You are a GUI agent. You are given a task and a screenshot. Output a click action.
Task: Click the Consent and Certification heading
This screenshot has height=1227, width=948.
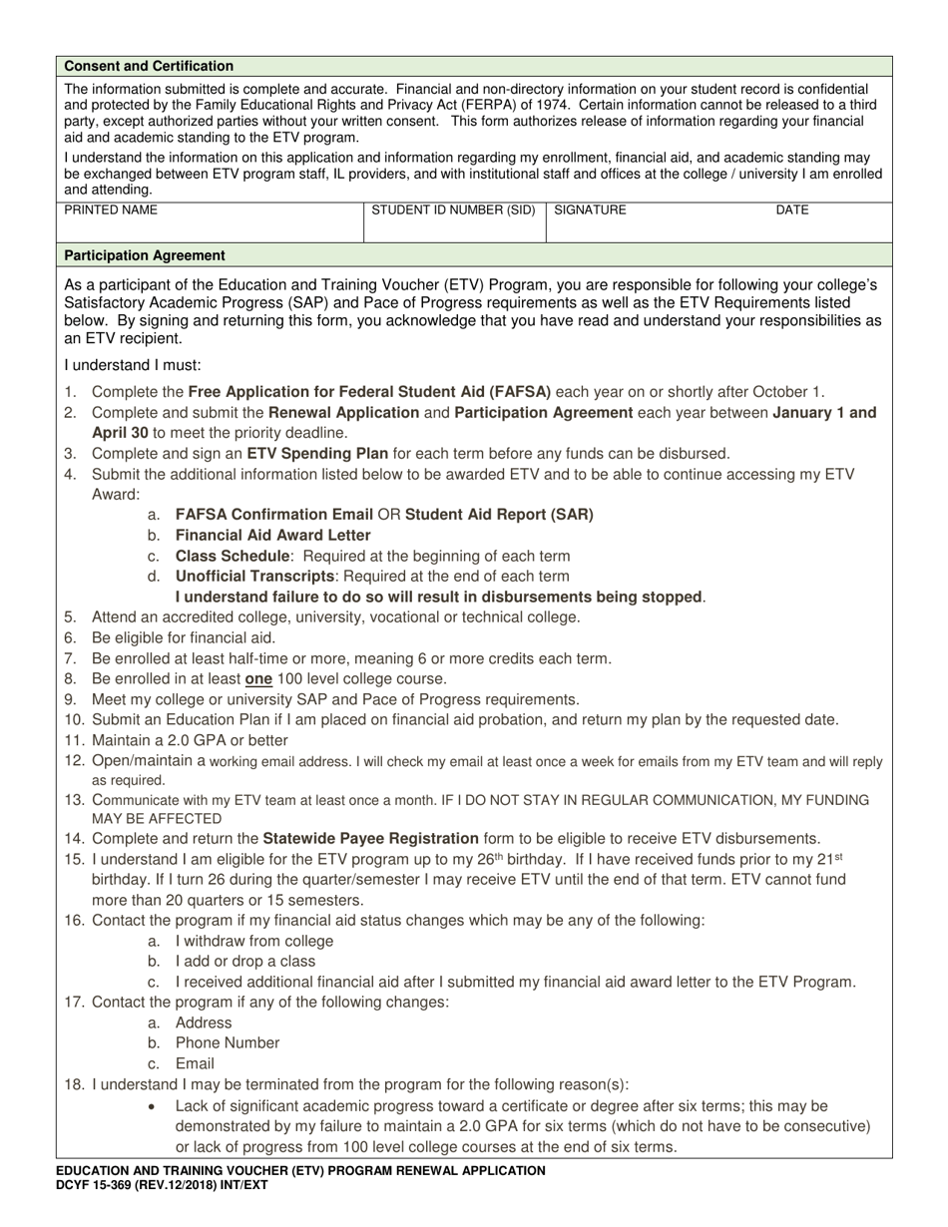pyautogui.click(x=149, y=66)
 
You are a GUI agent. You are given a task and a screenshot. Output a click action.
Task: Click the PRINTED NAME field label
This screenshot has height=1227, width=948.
pyautogui.click(x=111, y=210)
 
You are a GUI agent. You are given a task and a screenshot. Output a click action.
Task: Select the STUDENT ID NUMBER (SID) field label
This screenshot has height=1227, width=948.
pyautogui.click(x=453, y=210)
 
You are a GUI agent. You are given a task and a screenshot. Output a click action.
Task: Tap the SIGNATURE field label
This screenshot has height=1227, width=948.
pyautogui.click(x=590, y=210)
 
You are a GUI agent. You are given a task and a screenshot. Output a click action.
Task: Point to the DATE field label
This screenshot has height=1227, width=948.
pyautogui.click(x=792, y=210)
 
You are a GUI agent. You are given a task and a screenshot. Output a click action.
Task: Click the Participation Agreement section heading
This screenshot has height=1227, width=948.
pyautogui.click(x=145, y=255)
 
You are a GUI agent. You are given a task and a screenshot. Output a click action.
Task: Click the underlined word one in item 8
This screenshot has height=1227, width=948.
pyautogui.click(x=258, y=678)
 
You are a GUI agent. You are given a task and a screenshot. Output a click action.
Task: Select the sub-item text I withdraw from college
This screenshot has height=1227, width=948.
pyautogui.click(x=254, y=941)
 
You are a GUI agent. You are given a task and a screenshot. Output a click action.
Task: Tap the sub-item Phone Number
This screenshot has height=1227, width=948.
pyautogui.click(x=228, y=1042)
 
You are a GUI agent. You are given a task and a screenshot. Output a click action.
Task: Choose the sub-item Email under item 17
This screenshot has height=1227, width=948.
pyautogui.click(x=195, y=1063)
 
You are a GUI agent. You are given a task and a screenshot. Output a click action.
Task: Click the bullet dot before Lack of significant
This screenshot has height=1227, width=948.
pyautogui.click(x=152, y=1106)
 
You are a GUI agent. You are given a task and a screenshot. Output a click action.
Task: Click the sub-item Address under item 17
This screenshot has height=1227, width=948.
pyautogui.click(x=204, y=1022)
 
